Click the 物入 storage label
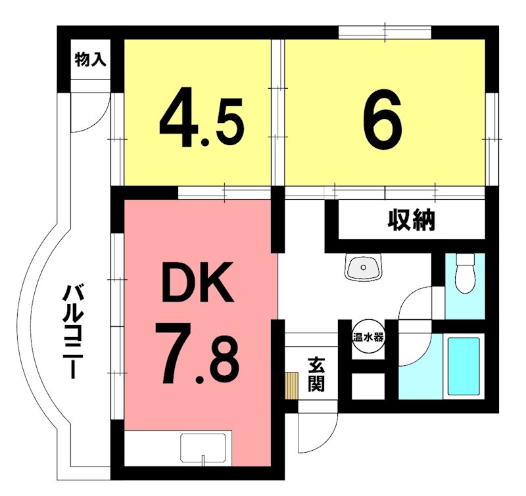(x=90, y=60)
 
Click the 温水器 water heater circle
(x=368, y=337)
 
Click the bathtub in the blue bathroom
(x=464, y=366)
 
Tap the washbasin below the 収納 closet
(x=362, y=267)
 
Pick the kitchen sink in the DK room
(x=204, y=449)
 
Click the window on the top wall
(x=385, y=31)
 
